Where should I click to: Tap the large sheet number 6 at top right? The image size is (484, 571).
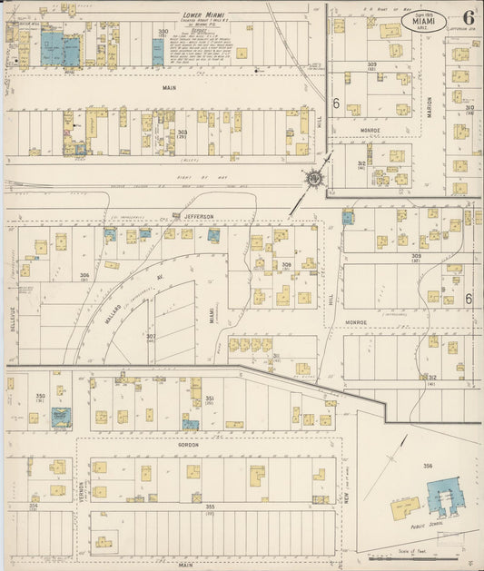point(468,18)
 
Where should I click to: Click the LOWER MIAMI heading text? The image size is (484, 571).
point(203,15)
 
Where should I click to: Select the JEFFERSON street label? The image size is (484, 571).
point(196,216)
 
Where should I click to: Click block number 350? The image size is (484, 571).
point(39,396)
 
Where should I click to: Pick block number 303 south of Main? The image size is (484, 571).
point(183,133)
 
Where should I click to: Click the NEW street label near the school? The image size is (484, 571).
point(349,490)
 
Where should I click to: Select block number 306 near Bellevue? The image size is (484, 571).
point(84,275)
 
